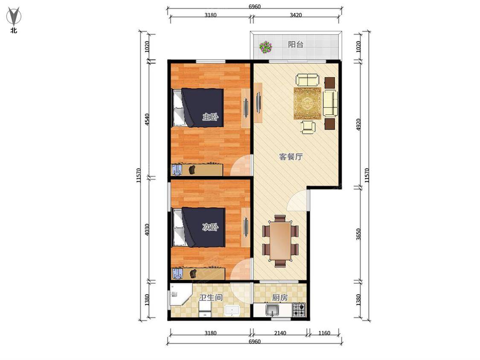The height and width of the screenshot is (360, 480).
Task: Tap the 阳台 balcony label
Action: point(295,44)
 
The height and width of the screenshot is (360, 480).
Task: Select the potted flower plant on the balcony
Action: point(265,47)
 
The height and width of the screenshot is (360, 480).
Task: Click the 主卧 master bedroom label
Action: point(210,116)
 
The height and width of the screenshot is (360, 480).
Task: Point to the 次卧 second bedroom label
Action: point(210,227)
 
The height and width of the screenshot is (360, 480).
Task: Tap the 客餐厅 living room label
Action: point(291,157)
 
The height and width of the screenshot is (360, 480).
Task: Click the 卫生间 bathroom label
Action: point(211,297)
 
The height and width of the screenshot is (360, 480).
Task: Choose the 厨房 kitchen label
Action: point(280,297)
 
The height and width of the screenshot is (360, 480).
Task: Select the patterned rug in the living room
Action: point(307,103)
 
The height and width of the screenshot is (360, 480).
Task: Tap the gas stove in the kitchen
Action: point(299,310)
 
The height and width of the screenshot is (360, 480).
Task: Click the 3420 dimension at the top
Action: point(296,15)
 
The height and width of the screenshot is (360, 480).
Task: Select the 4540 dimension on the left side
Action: point(147,119)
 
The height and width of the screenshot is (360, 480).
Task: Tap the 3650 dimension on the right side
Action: point(359,234)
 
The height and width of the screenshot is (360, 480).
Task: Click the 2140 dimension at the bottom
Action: point(280,333)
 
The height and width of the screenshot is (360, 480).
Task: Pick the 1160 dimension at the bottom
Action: point(324,333)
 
